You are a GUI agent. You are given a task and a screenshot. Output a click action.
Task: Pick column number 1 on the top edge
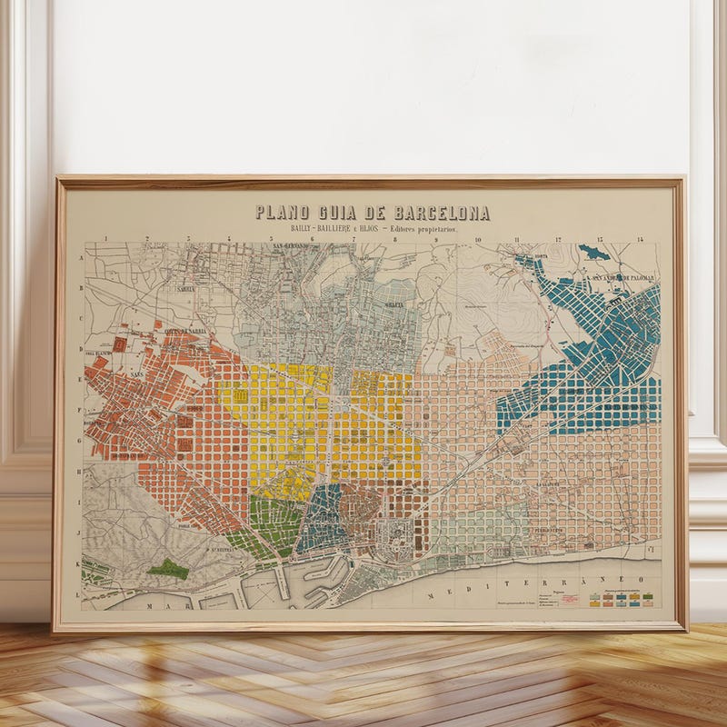(106, 240)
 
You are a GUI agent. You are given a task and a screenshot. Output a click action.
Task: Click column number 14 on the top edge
(640, 240)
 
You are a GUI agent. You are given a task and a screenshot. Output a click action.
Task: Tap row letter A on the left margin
(83, 258)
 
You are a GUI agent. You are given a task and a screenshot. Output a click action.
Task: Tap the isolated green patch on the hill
(167, 570)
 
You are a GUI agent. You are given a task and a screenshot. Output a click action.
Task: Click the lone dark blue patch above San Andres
(589, 250)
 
